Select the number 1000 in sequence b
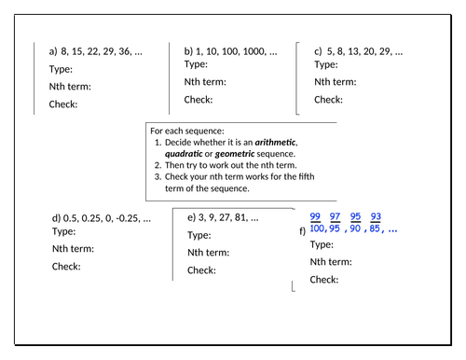[253, 51]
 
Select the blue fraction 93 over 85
[376, 223]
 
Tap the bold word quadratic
[185, 153]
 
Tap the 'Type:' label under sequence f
[322, 244]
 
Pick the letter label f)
[302, 229]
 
